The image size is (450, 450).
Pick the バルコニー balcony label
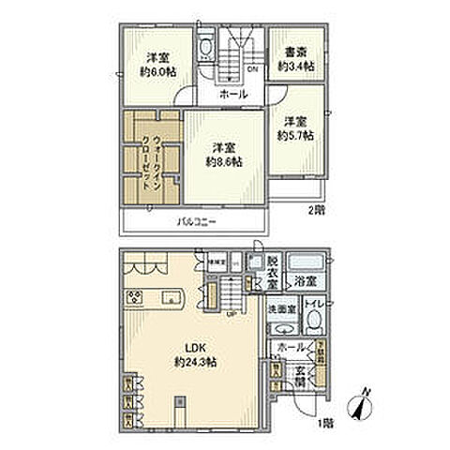[196, 222]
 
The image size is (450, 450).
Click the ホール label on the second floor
[233, 95]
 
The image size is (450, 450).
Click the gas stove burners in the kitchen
[134, 299]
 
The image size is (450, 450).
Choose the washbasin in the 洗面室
[282, 328]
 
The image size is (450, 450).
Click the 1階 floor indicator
[324, 424]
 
